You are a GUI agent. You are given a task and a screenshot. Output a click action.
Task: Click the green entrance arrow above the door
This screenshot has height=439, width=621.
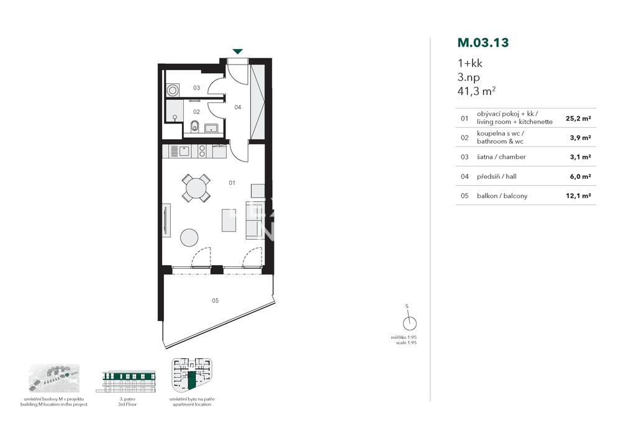pyautogui.click(x=237, y=52)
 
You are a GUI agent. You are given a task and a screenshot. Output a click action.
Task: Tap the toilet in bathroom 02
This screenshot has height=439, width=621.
pyautogui.click(x=195, y=127)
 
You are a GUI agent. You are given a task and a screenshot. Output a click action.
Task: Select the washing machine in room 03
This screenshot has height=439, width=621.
pyautogui.click(x=173, y=90)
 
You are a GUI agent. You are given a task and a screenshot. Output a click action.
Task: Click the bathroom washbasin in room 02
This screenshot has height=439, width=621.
pyautogui.click(x=211, y=129)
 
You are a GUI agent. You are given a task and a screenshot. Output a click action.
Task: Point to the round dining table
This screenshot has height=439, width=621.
pyautogui.click(x=196, y=188)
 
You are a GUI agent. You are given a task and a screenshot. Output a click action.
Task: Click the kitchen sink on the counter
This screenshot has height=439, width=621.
pyautogui.click(x=184, y=151)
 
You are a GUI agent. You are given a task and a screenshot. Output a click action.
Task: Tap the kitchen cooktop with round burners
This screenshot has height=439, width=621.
pyautogui.click(x=202, y=152)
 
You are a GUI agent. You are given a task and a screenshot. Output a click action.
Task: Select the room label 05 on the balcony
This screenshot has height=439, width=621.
pyautogui.click(x=215, y=301)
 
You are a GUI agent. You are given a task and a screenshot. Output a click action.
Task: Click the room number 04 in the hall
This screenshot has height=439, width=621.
pyautogui.click(x=238, y=107)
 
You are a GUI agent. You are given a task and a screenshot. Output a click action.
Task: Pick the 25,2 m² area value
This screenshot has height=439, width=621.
pyautogui.click(x=578, y=119)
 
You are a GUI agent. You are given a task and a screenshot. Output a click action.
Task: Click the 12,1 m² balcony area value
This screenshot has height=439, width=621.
pyautogui.click(x=579, y=196)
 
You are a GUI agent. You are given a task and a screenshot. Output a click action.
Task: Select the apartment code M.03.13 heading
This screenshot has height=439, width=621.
pyautogui.click(x=483, y=42)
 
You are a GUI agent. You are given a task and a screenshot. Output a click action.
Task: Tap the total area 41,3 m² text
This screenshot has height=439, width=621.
pyautogui.click(x=476, y=91)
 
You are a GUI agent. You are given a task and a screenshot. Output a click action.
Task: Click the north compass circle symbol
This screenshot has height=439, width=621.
pyautogui.click(x=409, y=324)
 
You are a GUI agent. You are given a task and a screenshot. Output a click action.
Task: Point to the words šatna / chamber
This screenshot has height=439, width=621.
pyautogui.click(x=501, y=156)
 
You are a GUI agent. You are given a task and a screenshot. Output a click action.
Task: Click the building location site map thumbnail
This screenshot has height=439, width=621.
pyautogui.click(x=54, y=378)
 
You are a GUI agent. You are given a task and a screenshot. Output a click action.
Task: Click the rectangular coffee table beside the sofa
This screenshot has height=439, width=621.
pyautogui.click(x=229, y=220)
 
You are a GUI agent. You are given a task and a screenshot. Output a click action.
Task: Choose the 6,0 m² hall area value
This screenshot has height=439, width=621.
pyautogui.click(x=580, y=176)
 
